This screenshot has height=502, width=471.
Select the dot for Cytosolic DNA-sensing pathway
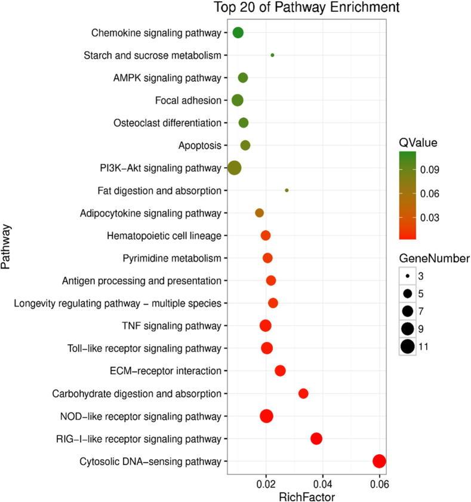379,461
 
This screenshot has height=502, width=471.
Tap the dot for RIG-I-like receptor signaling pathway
316,439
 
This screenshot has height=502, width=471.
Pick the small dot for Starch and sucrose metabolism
273,55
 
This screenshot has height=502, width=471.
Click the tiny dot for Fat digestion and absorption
287,190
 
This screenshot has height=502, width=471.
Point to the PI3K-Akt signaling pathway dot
235,168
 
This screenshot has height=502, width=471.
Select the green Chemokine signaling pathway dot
238,33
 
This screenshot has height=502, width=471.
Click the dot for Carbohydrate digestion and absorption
303,393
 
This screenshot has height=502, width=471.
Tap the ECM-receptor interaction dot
280,371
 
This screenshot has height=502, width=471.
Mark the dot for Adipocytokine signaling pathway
259,213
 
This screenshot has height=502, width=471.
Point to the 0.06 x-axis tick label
378,483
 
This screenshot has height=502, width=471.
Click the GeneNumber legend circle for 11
408,346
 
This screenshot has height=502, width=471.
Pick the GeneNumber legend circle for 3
408,277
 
